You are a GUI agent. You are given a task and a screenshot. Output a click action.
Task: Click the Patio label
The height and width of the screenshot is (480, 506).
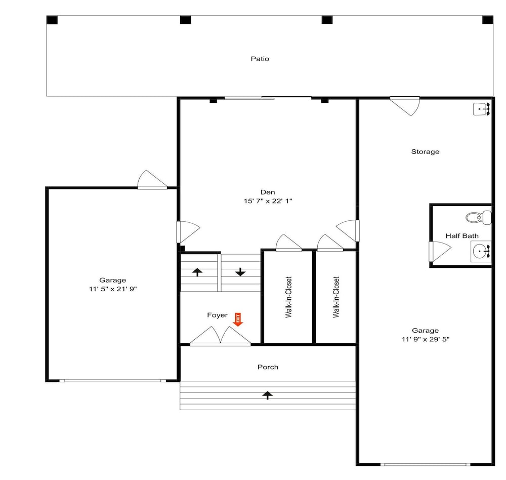(x=260, y=59)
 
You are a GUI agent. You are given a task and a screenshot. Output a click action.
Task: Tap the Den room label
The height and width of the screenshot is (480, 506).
(x=268, y=192)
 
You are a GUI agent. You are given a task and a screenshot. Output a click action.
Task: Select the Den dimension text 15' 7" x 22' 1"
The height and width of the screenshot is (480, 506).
(x=268, y=201)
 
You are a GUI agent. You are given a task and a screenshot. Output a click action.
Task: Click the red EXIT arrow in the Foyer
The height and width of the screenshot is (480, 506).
(x=238, y=320)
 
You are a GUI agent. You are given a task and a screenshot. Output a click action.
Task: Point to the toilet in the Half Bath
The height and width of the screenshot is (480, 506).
(x=479, y=217)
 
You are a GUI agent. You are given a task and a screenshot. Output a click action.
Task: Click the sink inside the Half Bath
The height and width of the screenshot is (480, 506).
(x=481, y=251)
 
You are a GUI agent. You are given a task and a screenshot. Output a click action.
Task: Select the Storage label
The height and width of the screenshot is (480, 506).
(x=425, y=151)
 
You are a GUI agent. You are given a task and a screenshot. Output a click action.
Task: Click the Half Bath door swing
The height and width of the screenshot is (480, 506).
(x=440, y=251)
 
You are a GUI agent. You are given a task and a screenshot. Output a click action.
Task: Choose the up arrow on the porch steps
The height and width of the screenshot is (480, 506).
(x=267, y=395)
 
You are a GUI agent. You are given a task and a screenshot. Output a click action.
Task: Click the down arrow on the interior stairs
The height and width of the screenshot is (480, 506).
(x=240, y=272)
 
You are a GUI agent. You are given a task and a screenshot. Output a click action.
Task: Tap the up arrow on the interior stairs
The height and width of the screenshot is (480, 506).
(x=197, y=272)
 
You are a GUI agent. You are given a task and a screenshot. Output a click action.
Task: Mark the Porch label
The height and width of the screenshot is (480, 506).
(x=268, y=367)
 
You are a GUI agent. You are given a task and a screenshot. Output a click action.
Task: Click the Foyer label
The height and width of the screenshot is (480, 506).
(x=217, y=315)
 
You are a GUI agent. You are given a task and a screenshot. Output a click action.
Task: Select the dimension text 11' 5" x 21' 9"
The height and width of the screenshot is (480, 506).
(x=113, y=289)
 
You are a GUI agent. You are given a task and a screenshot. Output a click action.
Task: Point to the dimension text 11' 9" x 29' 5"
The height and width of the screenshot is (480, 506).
(x=426, y=339)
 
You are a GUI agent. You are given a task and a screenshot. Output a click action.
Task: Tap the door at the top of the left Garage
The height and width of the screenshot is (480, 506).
(x=152, y=179)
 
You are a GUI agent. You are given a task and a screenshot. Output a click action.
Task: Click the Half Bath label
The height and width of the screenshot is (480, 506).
(x=462, y=236)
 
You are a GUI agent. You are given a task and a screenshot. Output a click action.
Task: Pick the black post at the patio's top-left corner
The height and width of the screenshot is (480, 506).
(x=52, y=20)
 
